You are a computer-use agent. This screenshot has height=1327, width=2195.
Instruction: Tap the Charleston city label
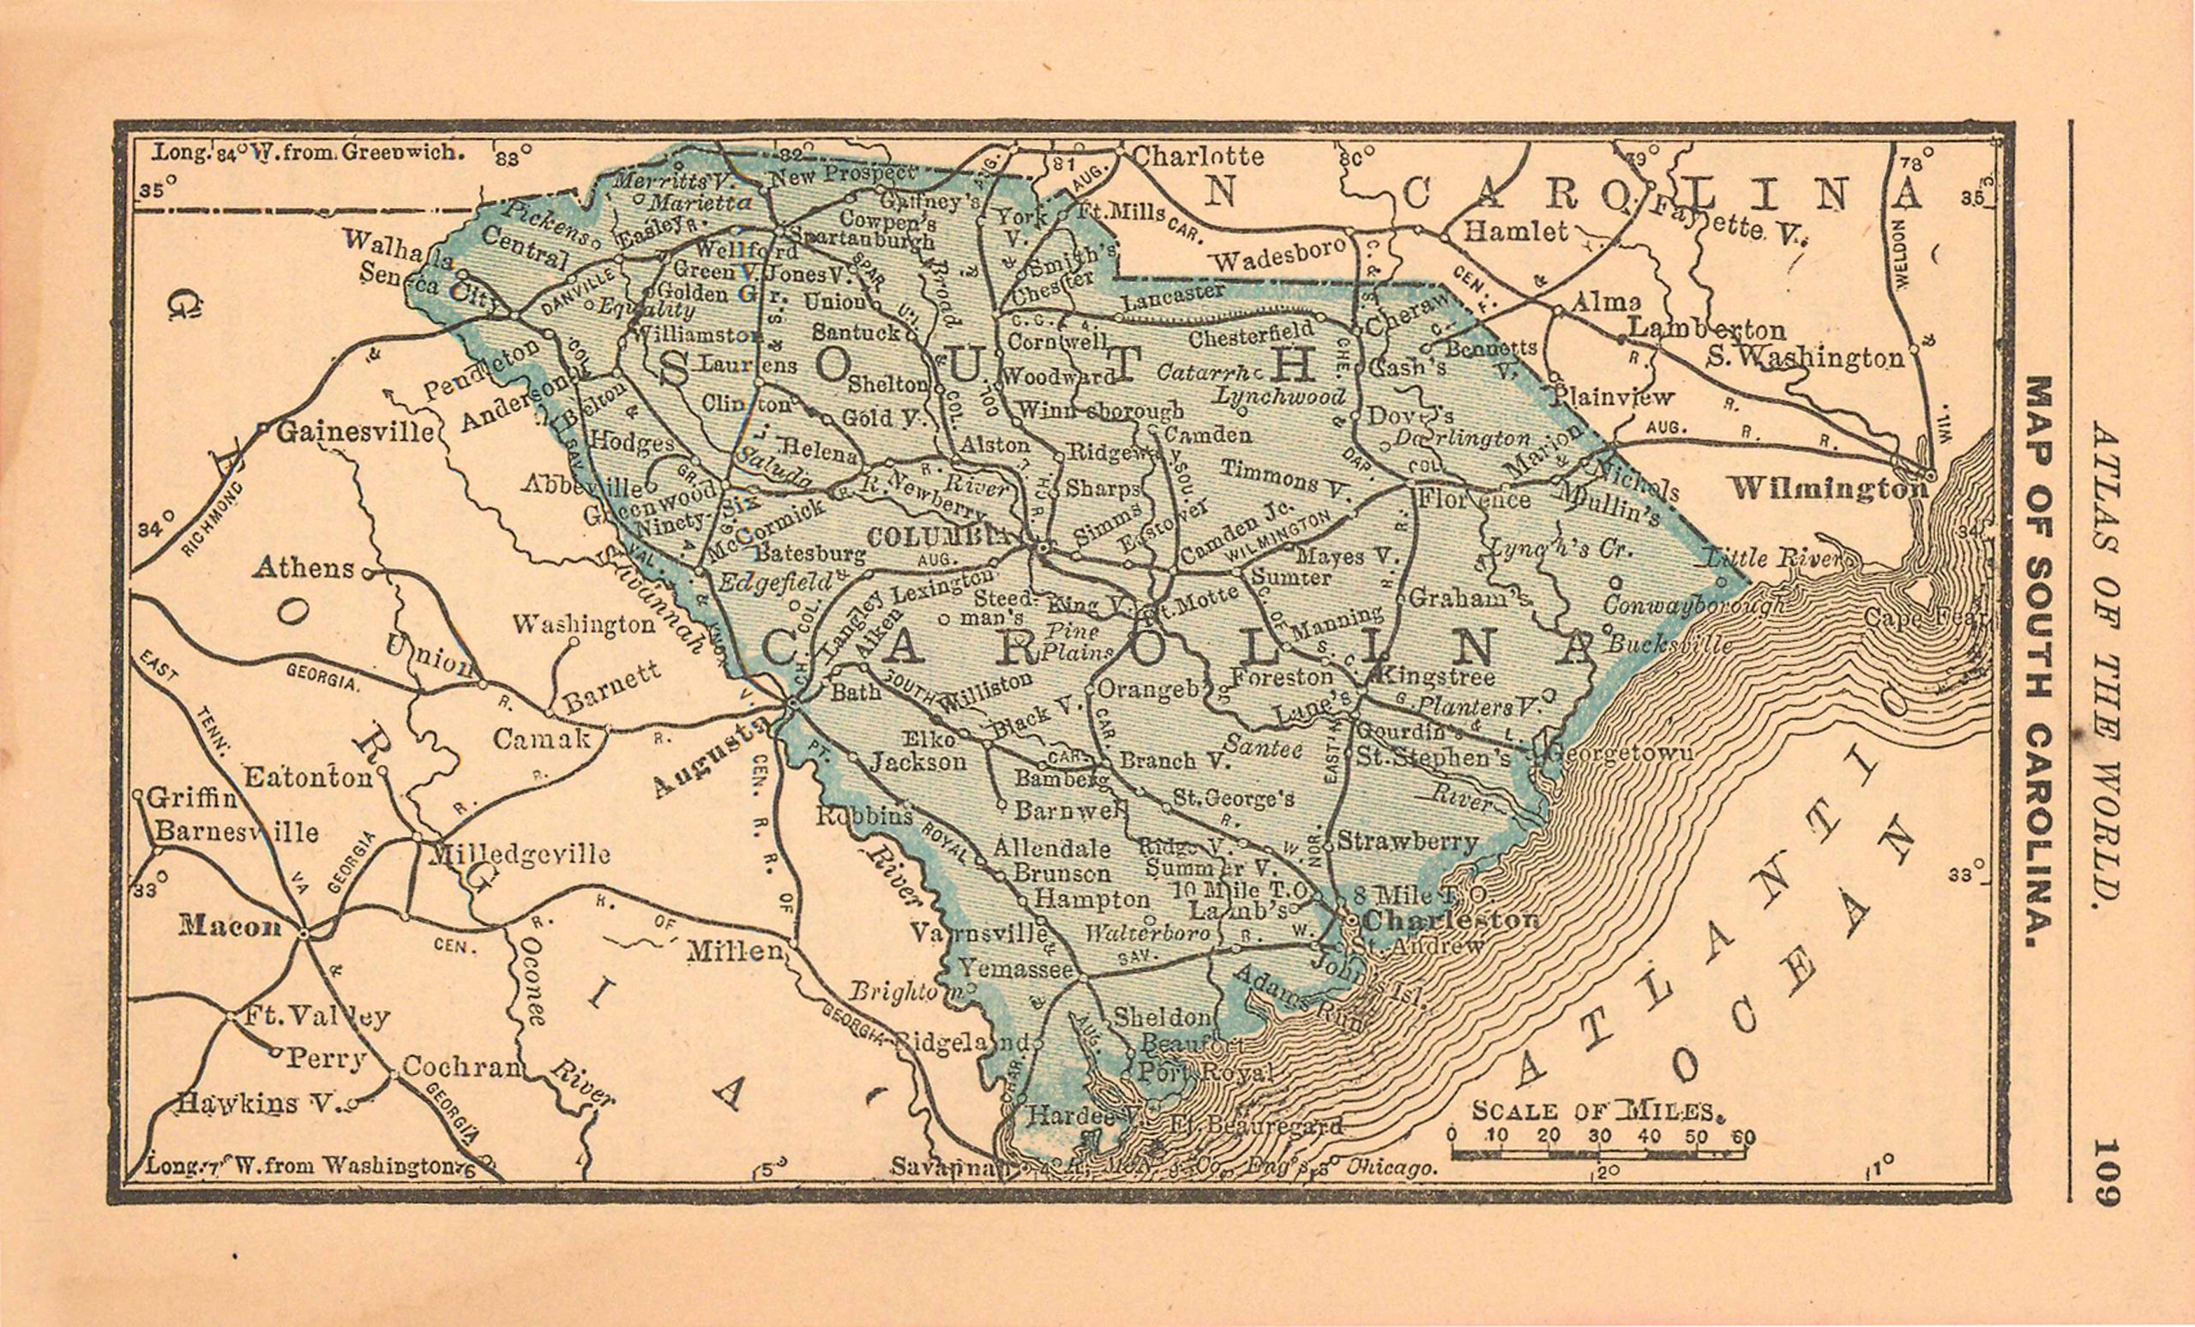pos(1451,920)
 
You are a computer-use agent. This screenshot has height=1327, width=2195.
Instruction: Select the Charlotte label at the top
pos(1198,157)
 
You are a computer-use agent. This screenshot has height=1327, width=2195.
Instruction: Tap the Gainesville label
pos(356,433)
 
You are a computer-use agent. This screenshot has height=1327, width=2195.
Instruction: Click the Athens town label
pos(304,567)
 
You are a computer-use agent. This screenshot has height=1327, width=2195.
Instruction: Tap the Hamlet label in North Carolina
pos(1515,232)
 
